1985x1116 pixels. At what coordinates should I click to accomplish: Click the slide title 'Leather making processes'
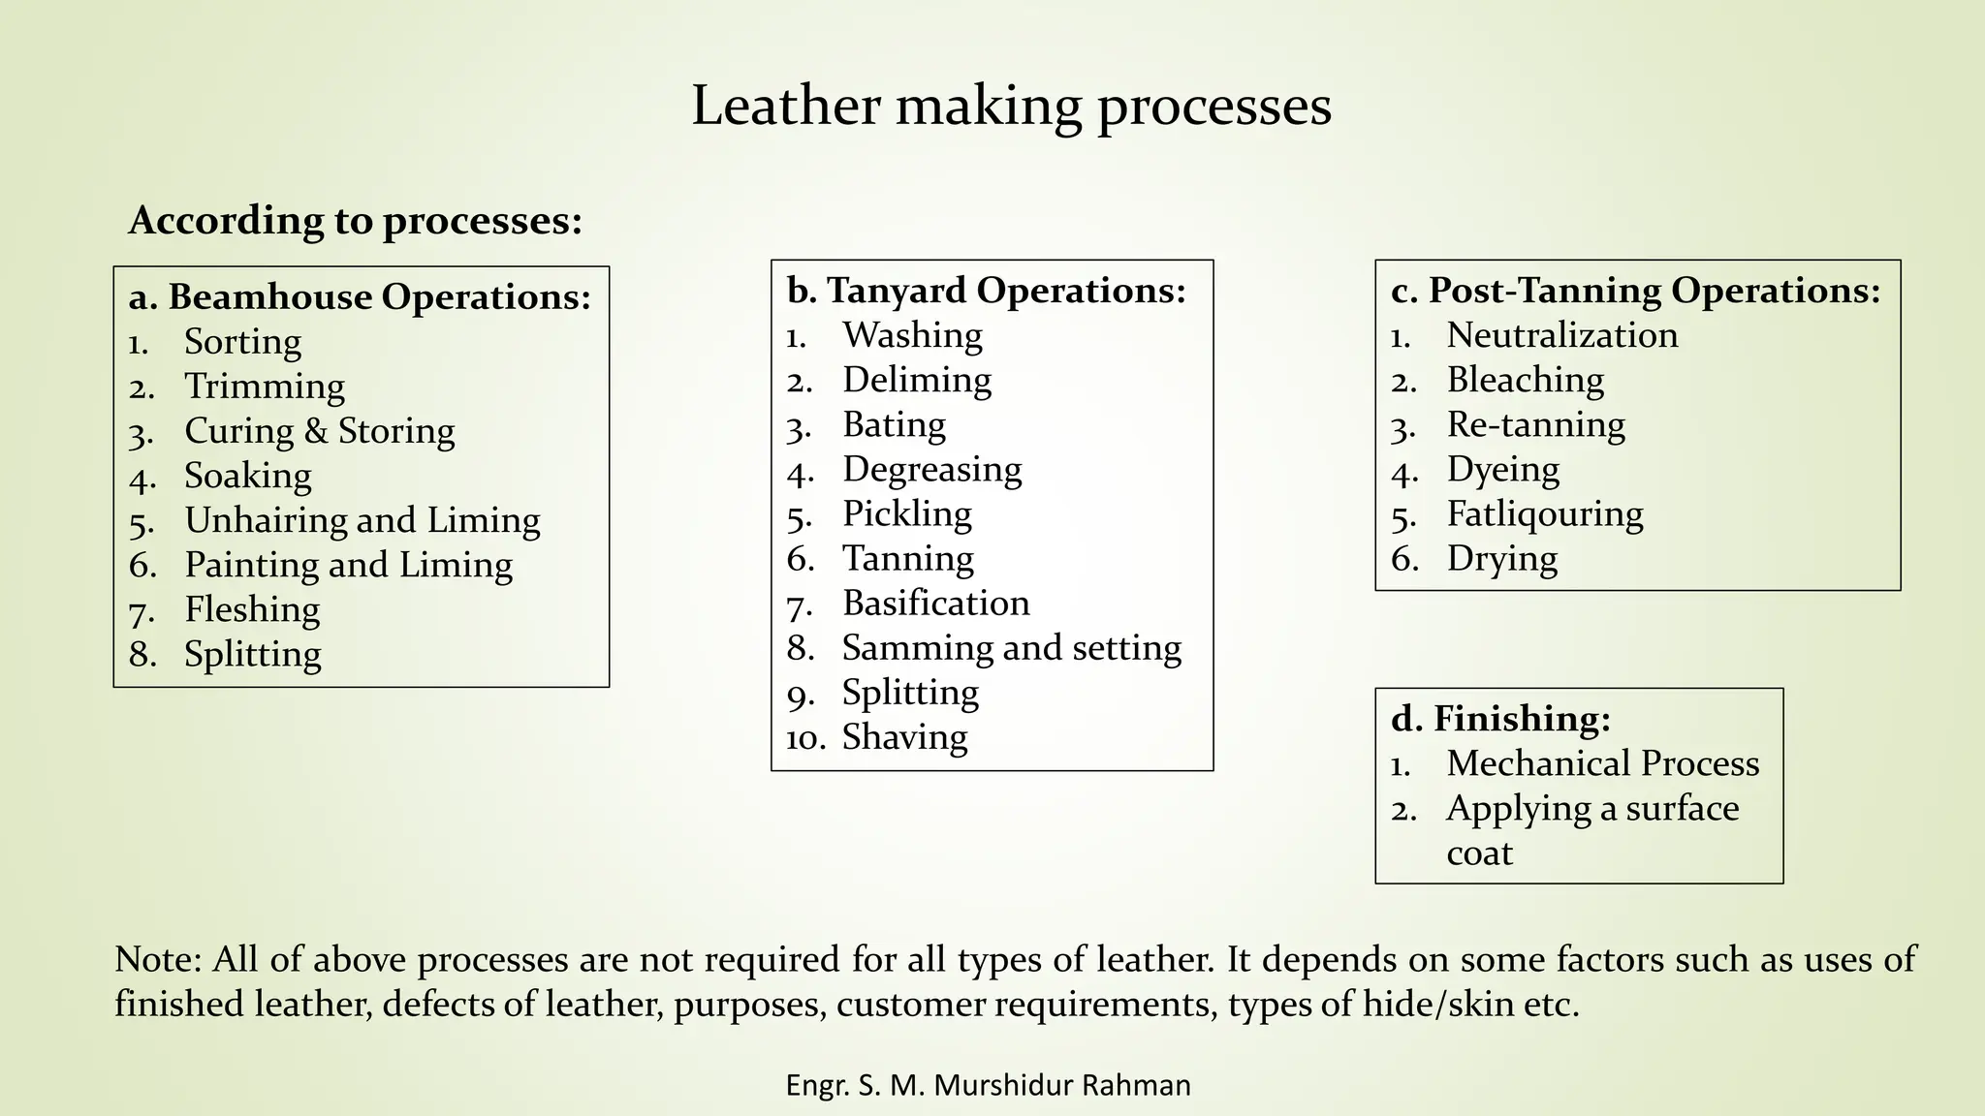1011,107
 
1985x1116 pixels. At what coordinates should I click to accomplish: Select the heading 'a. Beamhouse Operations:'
360,296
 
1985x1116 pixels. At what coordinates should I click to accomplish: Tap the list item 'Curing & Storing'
319,431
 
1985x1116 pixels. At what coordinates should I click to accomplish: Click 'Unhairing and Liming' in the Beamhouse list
362,520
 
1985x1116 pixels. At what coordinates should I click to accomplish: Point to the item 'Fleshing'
252,609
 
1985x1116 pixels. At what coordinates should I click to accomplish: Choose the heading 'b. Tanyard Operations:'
986,290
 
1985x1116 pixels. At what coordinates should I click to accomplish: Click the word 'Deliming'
917,380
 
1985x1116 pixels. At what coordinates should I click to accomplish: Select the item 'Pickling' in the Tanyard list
906,513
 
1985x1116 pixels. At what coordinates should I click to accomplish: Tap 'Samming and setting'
1011,647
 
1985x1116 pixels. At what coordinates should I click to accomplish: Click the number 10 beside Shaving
805,738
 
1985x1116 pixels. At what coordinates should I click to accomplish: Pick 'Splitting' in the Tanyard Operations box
910,693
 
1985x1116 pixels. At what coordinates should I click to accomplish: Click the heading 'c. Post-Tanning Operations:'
1635,290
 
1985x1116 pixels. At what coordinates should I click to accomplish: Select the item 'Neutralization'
1561,335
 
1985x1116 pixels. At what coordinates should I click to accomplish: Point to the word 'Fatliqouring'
1545,513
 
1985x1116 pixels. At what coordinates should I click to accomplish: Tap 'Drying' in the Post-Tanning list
1501,559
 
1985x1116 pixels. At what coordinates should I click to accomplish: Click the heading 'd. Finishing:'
1500,719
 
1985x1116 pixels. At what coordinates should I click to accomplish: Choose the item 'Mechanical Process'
1602,763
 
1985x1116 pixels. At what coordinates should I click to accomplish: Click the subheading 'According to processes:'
356,221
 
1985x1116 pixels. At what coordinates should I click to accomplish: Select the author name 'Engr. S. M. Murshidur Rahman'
988,1085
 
